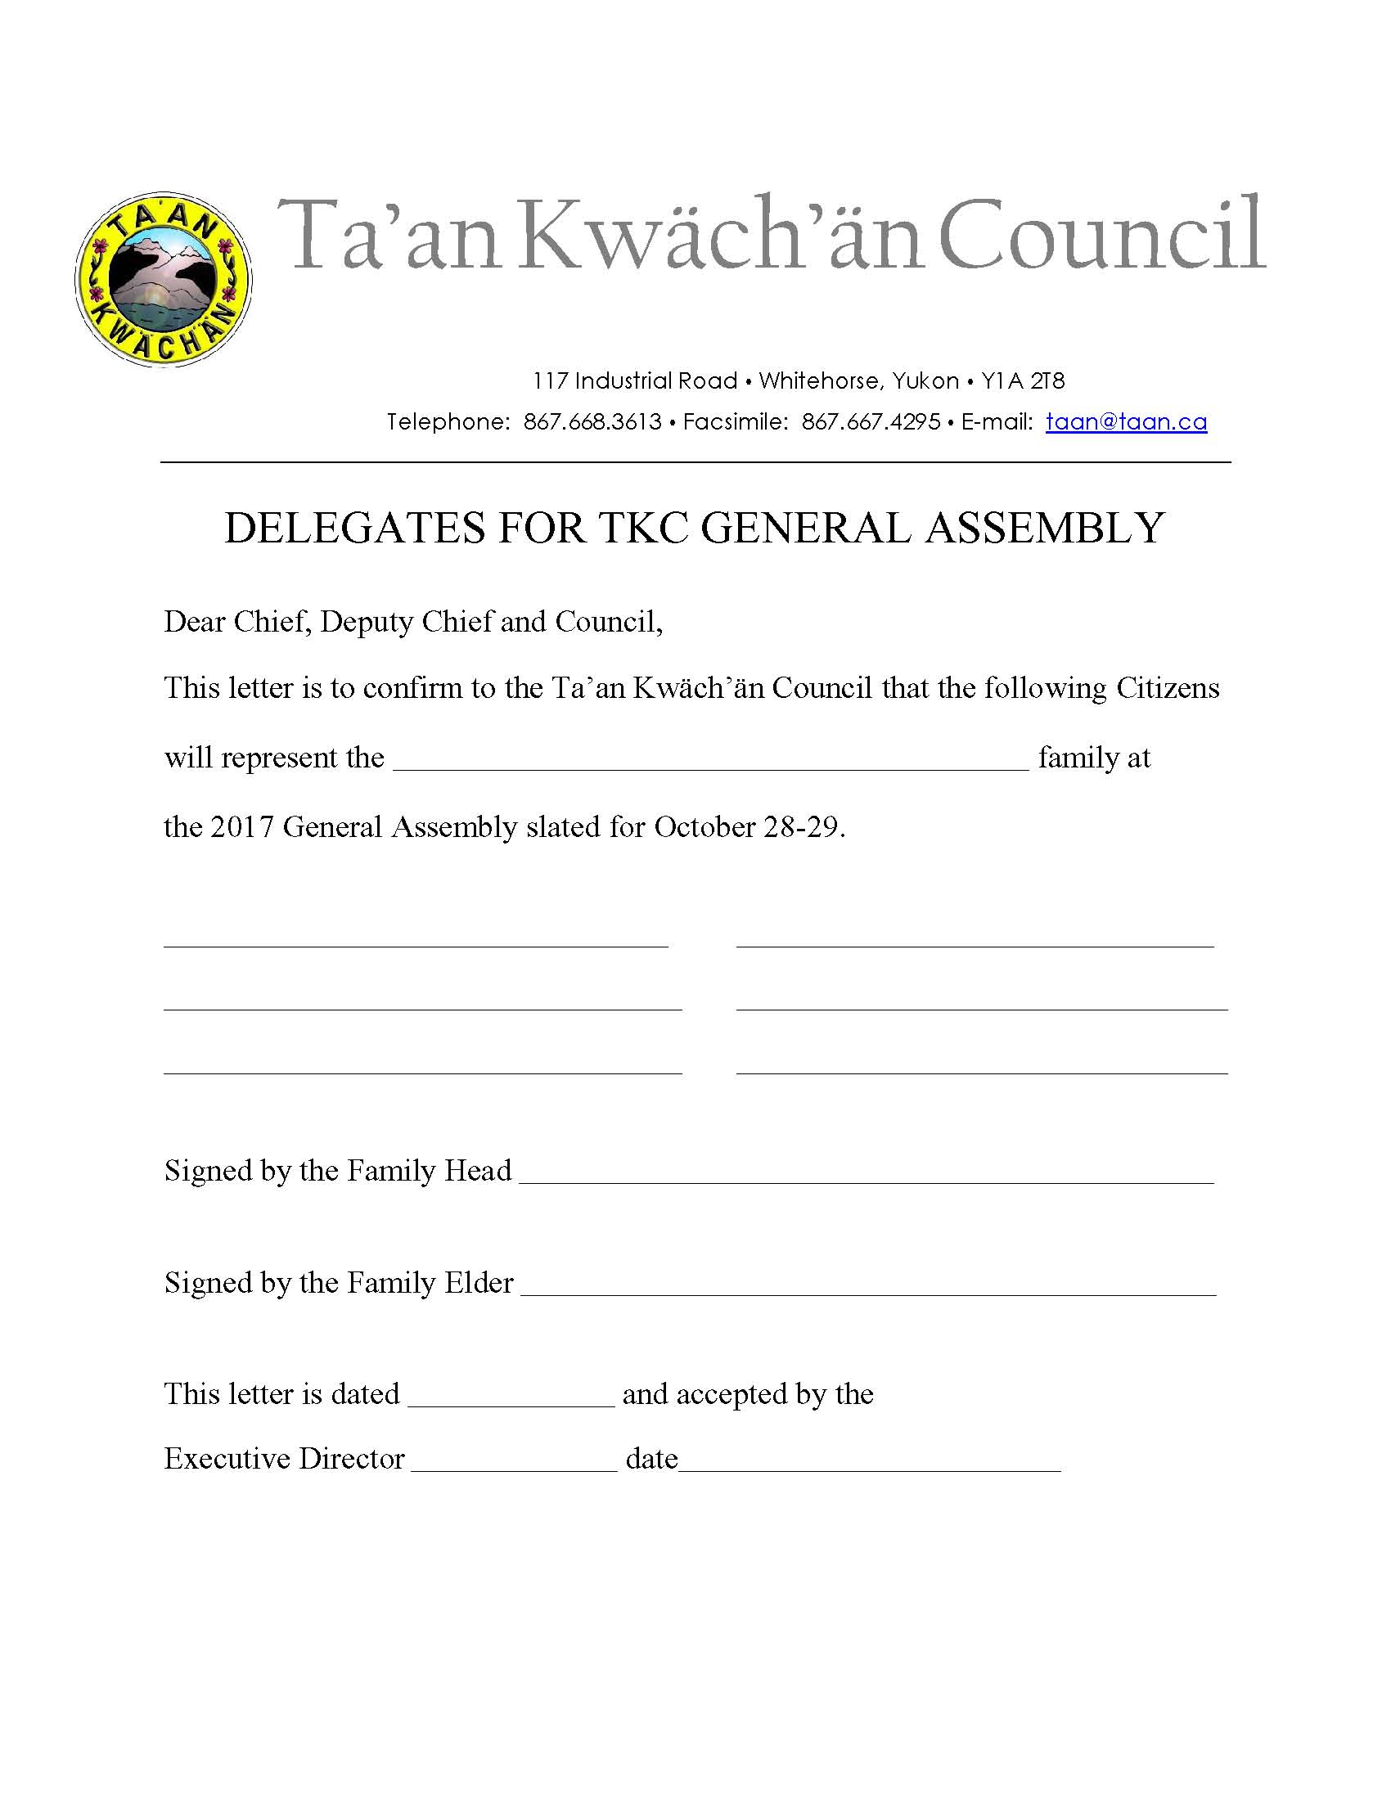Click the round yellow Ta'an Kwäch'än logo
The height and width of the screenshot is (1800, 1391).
[x=163, y=279]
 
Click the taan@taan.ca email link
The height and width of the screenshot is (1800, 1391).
[x=1126, y=422]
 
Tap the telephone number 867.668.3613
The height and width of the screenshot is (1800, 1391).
[x=592, y=422]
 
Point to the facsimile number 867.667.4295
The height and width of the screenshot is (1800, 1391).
[x=871, y=422]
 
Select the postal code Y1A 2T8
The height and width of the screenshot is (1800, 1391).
[x=1023, y=380]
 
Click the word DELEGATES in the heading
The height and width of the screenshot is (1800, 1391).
[x=354, y=529]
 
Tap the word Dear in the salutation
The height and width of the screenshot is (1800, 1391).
[x=195, y=622]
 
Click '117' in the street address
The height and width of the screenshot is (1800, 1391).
[x=550, y=380]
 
